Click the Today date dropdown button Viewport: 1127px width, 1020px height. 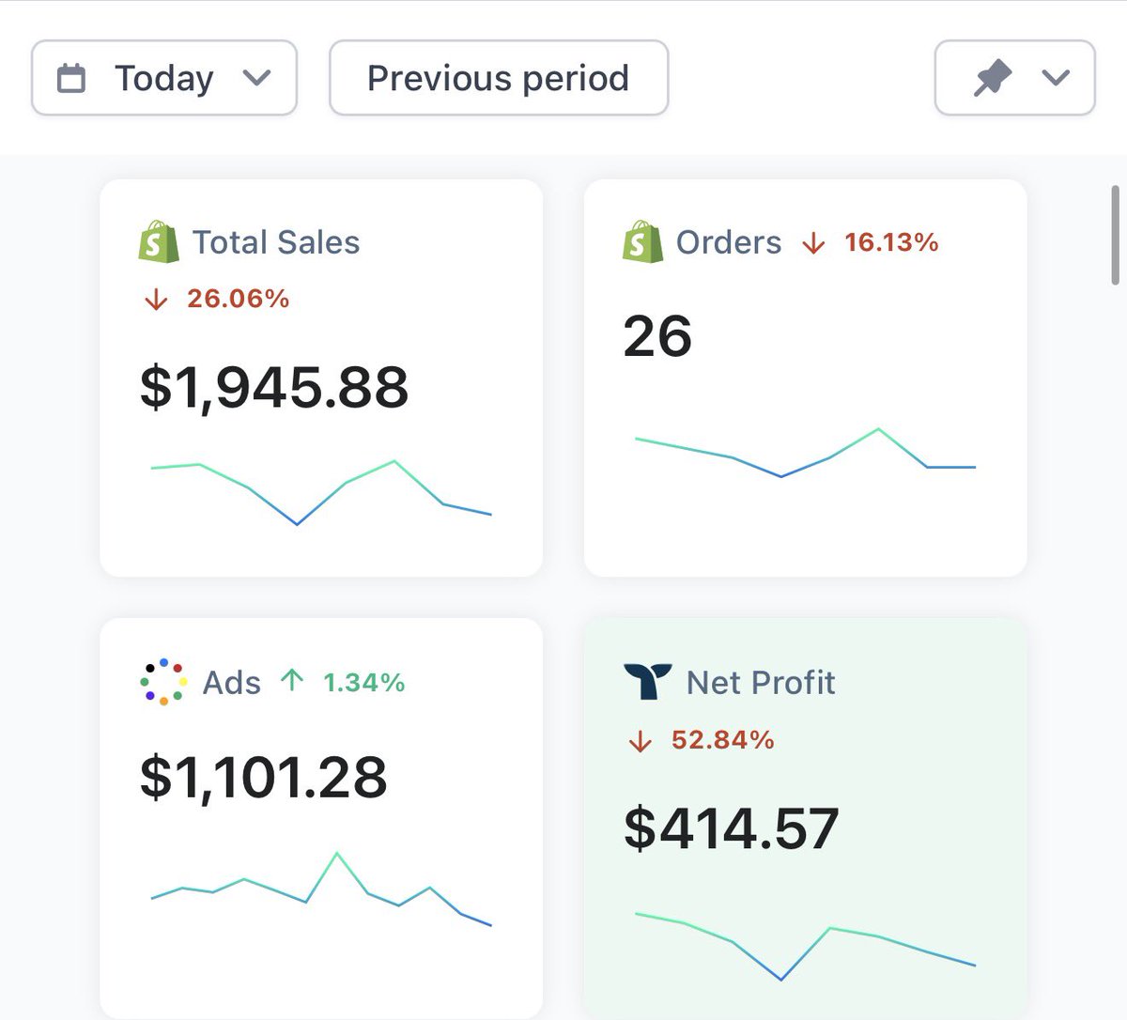click(164, 78)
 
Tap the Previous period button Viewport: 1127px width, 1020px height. click(499, 78)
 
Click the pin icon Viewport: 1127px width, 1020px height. click(992, 78)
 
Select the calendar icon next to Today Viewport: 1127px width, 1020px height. click(71, 78)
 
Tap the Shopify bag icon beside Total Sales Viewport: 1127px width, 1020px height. click(159, 241)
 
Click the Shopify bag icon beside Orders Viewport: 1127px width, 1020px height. click(642, 241)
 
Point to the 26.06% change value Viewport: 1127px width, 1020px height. click(239, 299)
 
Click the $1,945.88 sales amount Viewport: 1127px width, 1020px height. click(274, 387)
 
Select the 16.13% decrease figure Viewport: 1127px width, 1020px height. click(891, 242)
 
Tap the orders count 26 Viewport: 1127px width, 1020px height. click(657, 336)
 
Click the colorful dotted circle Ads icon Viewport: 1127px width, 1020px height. click(163, 682)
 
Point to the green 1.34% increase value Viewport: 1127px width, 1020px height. click(364, 683)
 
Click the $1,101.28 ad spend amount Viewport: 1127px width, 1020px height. click(264, 778)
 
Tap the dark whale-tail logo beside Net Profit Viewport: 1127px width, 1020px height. click(648, 681)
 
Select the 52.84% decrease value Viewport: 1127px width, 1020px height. click(723, 739)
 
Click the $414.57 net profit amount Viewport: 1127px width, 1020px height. click(732, 828)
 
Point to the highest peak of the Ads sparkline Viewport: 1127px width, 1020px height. click(337, 853)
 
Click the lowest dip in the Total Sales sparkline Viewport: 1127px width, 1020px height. click(297, 524)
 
